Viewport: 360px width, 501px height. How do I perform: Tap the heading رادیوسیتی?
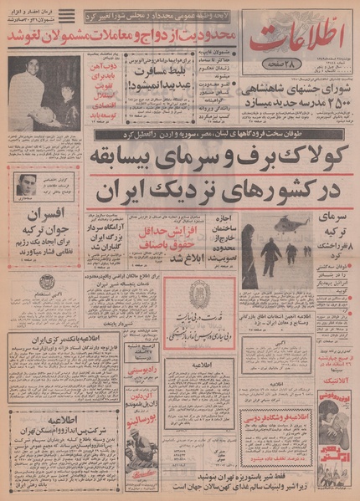146,376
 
